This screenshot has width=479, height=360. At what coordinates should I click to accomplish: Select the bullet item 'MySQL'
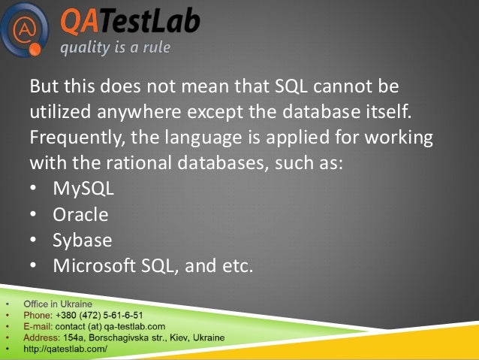coord(83,188)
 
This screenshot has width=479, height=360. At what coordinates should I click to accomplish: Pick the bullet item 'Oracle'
coord(80,214)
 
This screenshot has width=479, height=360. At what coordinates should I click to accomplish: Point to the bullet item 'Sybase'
coord(82,240)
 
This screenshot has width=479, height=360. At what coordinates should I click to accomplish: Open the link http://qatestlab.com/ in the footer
coord(65,349)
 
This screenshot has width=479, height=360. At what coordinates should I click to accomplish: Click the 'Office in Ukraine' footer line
coord(59,304)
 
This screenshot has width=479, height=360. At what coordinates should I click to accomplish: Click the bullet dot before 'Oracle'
coord(34,215)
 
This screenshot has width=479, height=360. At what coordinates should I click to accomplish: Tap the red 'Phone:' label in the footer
coord(38,316)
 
